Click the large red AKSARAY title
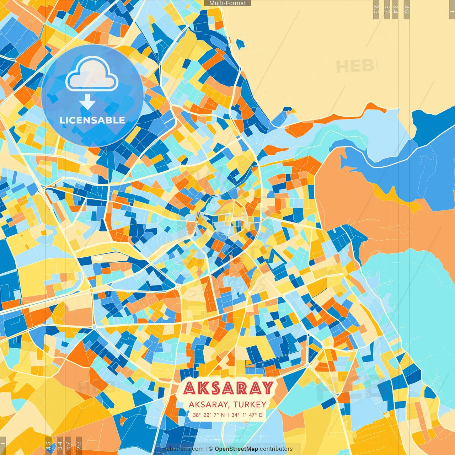(228, 388)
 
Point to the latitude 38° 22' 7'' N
(209, 415)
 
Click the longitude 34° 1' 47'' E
(247, 415)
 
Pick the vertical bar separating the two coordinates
(228, 415)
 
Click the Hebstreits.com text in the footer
(183, 449)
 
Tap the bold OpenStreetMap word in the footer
(236, 449)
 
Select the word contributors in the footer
(276, 449)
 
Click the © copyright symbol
(211, 449)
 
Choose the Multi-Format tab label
(227, 3)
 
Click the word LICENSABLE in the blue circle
(92, 120)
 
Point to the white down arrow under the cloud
(87, 103)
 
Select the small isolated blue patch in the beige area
(240, 44)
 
